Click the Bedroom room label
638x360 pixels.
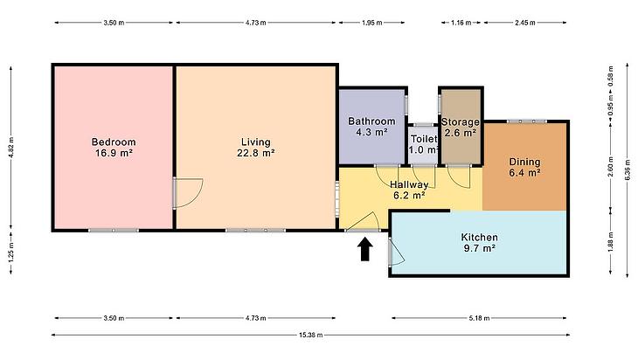click(114, 142)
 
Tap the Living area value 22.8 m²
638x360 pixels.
click(255, 154)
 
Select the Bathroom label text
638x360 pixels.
click(371, 121)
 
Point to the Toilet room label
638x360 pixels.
click(424, 139)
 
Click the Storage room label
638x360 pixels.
click(461, 122)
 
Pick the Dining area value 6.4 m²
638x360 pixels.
click(524, 173)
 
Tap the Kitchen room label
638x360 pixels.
click(479, 237)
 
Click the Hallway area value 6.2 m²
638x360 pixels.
click(409, 196)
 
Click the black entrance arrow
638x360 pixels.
click(365, 249)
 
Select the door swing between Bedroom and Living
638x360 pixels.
click(195, 199)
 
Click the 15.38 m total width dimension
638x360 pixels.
click(311, 336)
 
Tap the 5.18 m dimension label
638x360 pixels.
click(479, 318)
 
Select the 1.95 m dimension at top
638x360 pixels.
click(372, 23)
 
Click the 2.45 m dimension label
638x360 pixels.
click(525, 23)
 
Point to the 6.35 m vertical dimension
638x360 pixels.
click(628, 170)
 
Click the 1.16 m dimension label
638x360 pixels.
click(461, 23)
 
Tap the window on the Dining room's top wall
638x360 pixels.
click(526, 121)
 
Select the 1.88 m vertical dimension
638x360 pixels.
click(610, 242)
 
